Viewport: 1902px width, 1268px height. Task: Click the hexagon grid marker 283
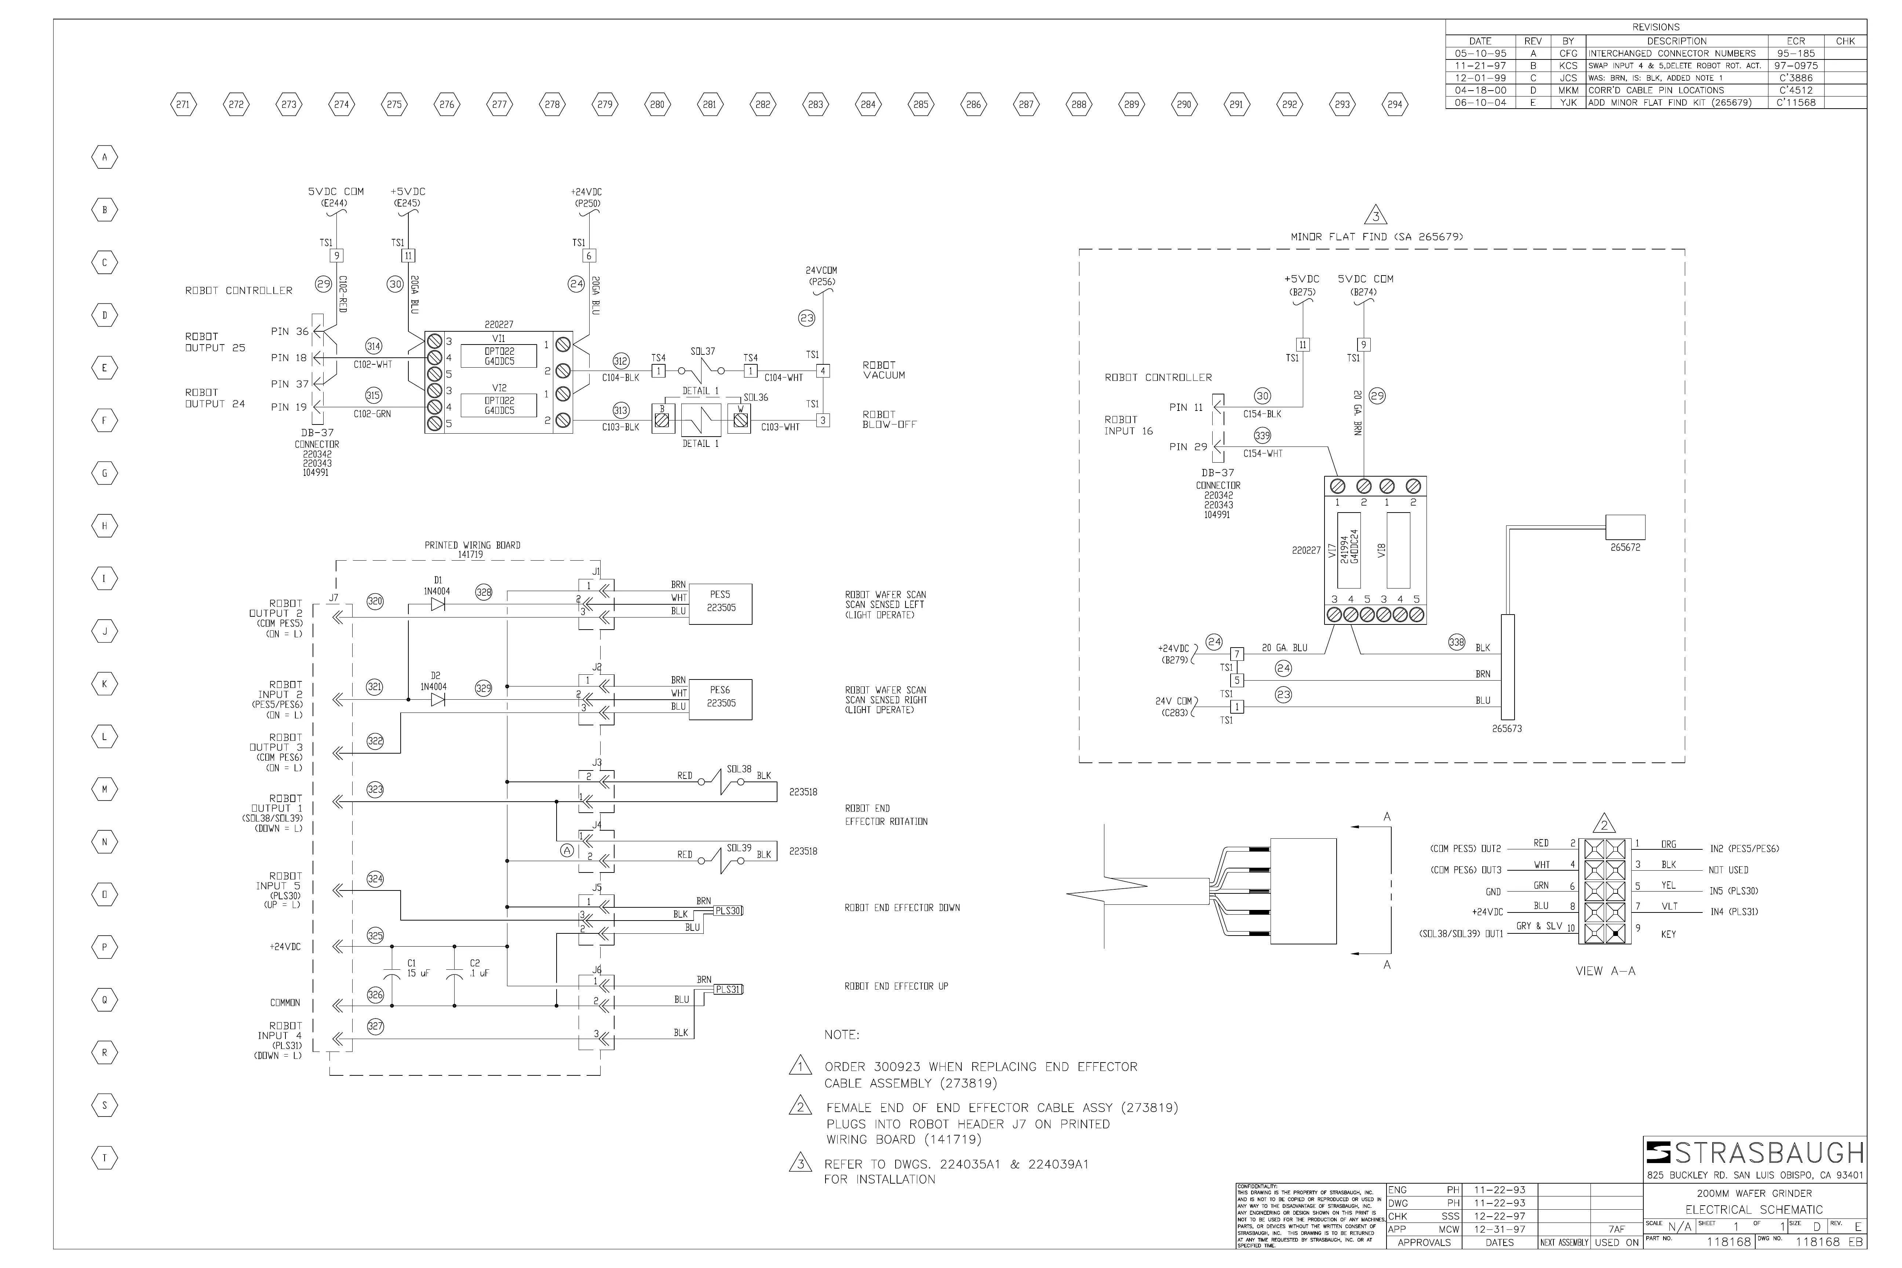(x=815, y=104)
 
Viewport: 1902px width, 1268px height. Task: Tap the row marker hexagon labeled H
(x=104, y=526)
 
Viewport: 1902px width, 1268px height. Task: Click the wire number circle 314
(x=374, y=346)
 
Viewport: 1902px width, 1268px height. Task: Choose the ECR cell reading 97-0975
(x=1795, y=66)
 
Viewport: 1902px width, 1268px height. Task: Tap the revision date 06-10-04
(x=1480, y=103)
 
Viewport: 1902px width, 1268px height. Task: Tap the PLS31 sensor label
(x=728, y=989)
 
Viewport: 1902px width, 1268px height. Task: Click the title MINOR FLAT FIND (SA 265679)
(x=1376, y=237)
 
